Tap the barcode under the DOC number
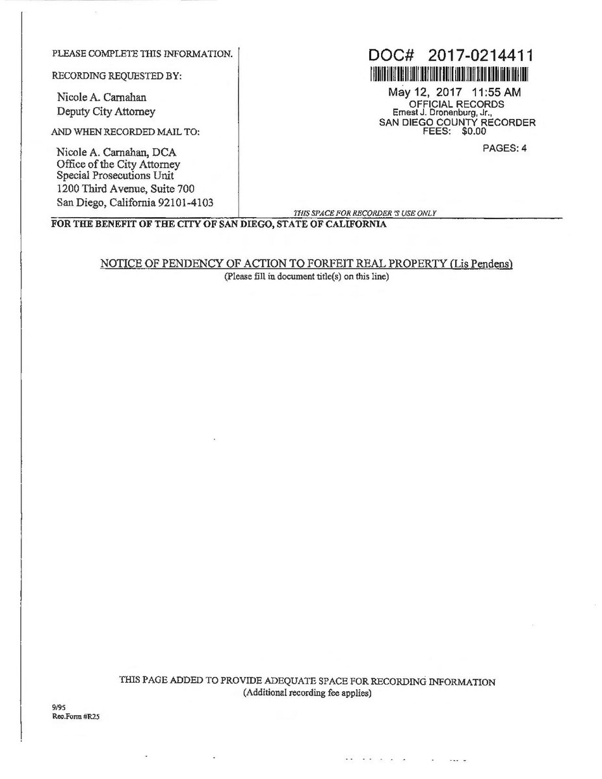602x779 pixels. coord(450,73)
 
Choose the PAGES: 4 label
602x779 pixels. coord(504,148)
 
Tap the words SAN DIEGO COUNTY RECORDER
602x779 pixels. coord(457,122)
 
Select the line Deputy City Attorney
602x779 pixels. coord(106,111)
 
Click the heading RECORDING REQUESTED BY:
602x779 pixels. coord(117,76)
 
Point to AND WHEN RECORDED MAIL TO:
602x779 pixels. coord(125,132)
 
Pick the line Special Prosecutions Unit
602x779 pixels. coord(115,176)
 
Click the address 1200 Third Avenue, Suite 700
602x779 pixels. coord(125,189)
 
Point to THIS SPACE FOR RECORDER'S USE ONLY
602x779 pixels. coord(365,213)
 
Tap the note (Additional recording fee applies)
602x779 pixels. coord(307,693)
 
